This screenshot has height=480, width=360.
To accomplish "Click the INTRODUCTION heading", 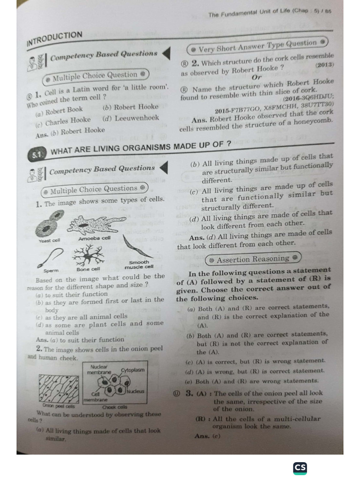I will (x=55, y=39).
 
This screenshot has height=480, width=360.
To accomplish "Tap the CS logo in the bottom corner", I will (x=300, y=468).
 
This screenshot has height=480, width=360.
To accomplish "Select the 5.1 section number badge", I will (x=37, y=154).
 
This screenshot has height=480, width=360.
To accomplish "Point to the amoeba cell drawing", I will (x=96, y=225).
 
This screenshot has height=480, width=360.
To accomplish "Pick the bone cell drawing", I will (x=89, y=256).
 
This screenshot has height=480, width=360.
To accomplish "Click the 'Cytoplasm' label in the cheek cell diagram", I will (x=133, y=370).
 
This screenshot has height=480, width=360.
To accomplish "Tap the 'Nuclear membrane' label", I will (x=99, y=369).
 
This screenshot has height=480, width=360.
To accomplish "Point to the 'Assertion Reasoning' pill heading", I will (x=253, y=259).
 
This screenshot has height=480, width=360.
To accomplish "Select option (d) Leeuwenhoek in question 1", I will (x=131, y=118).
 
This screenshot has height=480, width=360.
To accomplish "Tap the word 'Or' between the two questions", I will (x=257, y=77).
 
